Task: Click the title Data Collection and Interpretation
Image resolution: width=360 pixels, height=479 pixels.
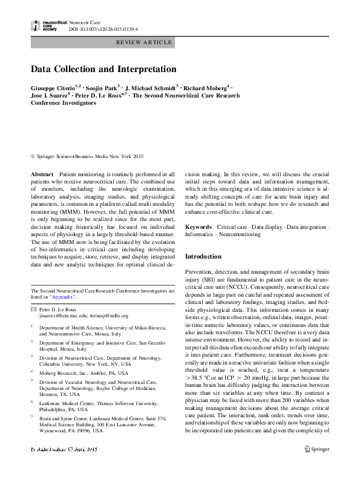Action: coord(103,69)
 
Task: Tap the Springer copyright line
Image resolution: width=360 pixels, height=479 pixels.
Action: coord(83,157)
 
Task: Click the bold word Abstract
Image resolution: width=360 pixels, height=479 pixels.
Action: coord(42,174)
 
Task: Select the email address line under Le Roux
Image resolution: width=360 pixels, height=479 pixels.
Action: coord(82,316)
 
